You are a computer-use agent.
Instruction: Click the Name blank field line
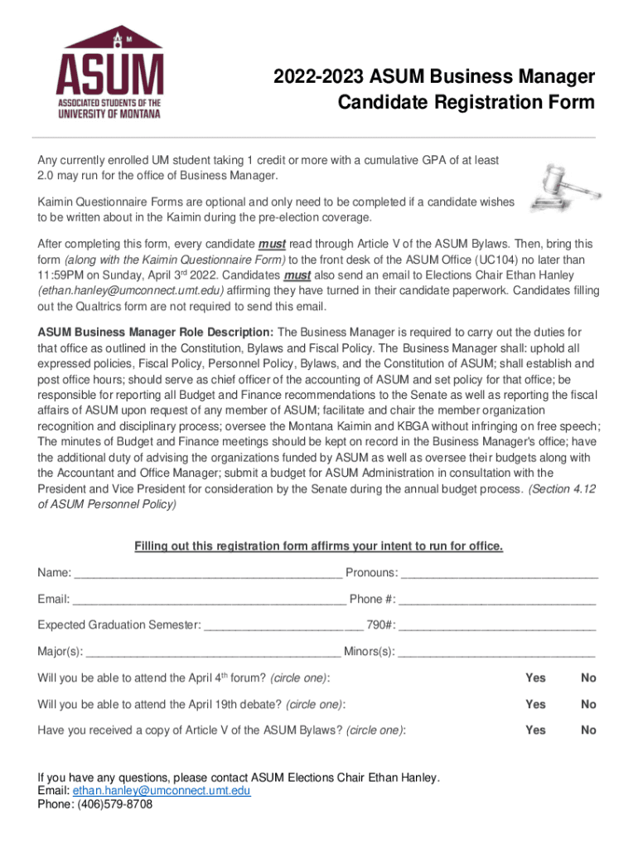click(207, 574)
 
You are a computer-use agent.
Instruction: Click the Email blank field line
click(209, 599)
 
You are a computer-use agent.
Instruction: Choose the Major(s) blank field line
click(213, 652)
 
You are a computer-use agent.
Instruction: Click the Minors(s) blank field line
click(497, 652)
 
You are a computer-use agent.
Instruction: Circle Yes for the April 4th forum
click(535, 678)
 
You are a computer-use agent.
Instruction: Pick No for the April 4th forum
click(588, 678)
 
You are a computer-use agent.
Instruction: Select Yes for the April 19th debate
click(535, 704)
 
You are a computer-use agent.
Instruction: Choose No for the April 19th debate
click(588, 704)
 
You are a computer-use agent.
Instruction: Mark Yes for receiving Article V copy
click(535, 730)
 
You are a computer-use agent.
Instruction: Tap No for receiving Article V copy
click(588, 730)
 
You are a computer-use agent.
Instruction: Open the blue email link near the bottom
click(162, 791)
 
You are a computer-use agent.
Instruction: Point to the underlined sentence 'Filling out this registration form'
click(318, 546)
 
